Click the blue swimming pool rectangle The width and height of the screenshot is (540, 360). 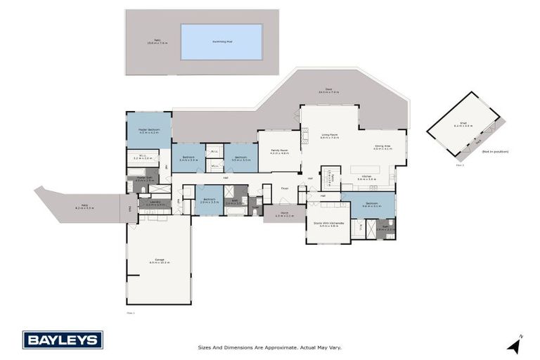[221, 42]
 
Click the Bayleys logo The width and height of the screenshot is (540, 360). [63, 340]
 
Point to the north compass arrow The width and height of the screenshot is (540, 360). [515, 345]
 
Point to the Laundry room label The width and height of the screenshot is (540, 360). [155, 203]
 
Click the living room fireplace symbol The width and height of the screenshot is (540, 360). [304, 136]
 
